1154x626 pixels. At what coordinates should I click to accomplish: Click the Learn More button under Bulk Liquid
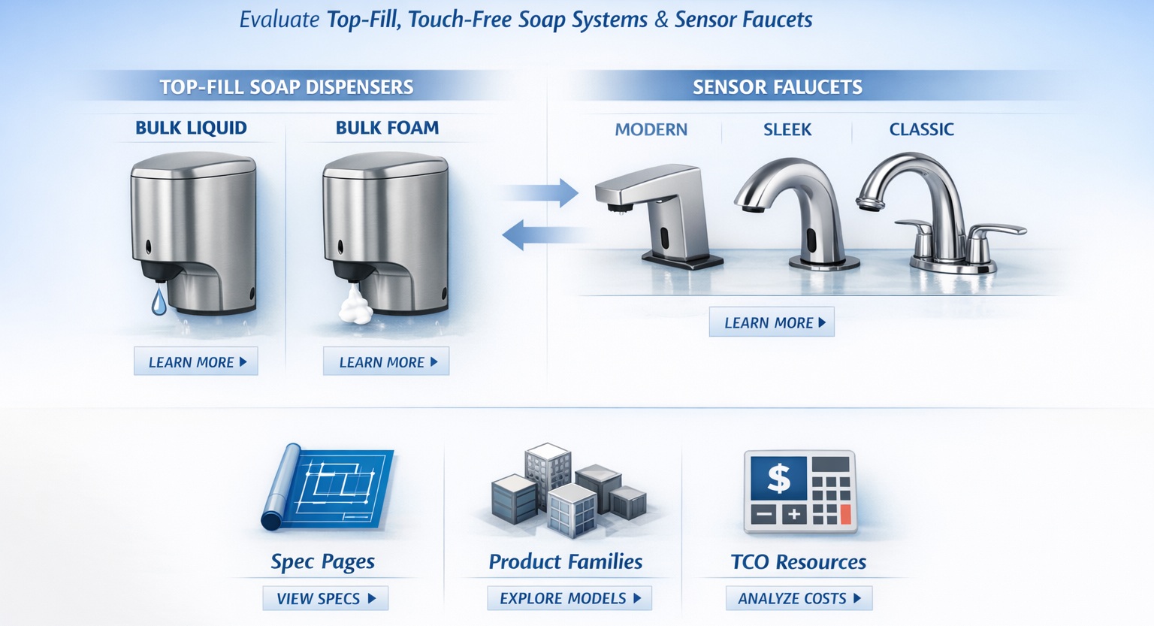pyautogui.click(x=196, y=361)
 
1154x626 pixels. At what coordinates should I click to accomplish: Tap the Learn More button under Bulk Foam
pyautogui.click(x=386, y=361)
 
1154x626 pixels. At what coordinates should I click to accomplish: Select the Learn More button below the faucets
pyautogui.click(x=772, y=322)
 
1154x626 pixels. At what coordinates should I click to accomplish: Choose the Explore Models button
pyautogui.click(x=569, y=598)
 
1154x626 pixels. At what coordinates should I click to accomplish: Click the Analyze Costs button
pyautogui.click(x=799, y=598)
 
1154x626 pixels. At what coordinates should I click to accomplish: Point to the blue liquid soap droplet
pyautogui.click(x=159, y=301)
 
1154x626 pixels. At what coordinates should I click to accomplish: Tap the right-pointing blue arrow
pyautogui.click(x=542, y=192)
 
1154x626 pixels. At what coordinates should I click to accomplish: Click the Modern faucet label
pyautogui.click(x=651, y=129)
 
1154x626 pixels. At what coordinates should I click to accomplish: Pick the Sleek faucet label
pyautogui.click(x=787, y=129)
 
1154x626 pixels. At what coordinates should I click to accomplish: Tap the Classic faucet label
pyautogui.click(x=921, y=129)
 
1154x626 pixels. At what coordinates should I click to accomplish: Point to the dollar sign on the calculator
pyautogui.click(x=778, y=478)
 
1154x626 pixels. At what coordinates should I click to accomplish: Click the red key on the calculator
pyautogui.click(x=845, y=515)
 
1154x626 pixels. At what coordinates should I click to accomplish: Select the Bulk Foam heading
pyautogui.click(x=387, y=128)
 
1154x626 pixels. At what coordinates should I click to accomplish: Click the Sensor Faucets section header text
pyautogui.click(x=777, y=87)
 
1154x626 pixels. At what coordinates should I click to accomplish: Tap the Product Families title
pyautogui.click(x=565, y=561)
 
